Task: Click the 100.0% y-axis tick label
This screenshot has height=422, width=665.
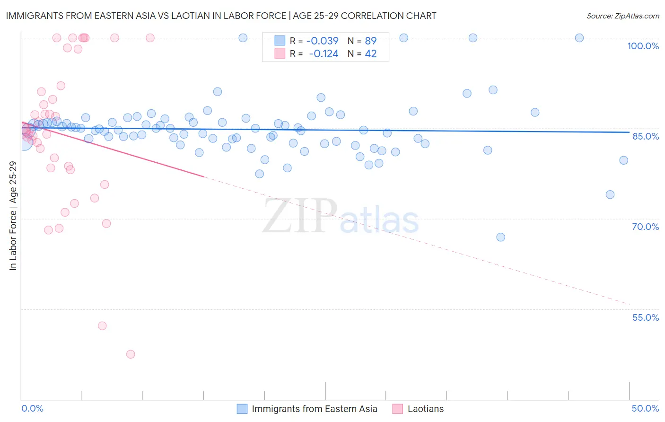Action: point(643,46)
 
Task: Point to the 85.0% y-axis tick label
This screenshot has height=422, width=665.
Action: point(646,136)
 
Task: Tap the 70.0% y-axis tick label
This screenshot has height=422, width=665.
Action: point(645,227)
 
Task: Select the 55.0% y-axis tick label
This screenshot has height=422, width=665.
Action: point(645,317)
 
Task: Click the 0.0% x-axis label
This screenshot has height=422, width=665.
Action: point(32,408)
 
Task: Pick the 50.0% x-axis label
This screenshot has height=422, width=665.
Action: point(645,408)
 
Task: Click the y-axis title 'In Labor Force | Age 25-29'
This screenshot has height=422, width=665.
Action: point(13,216)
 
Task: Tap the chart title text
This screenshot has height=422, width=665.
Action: point(221,16)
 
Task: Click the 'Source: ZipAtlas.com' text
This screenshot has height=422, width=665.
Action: point(622,16)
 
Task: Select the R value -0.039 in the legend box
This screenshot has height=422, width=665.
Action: point(322,41)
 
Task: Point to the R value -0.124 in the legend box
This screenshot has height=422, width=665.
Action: point(324,54)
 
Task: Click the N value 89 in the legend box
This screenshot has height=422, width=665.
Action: point(370,41)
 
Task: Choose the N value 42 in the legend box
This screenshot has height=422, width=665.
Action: point(370,54)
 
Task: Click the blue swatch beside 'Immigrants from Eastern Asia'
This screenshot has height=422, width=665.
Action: point(242,409)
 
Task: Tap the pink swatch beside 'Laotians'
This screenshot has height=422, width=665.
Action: point(398,409)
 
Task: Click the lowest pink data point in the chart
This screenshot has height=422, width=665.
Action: point(131,354)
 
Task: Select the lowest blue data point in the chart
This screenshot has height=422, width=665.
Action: point(501,237)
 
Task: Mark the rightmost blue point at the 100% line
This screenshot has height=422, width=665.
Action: point(579,38)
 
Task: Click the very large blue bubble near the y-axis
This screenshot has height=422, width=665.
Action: point(24,140)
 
